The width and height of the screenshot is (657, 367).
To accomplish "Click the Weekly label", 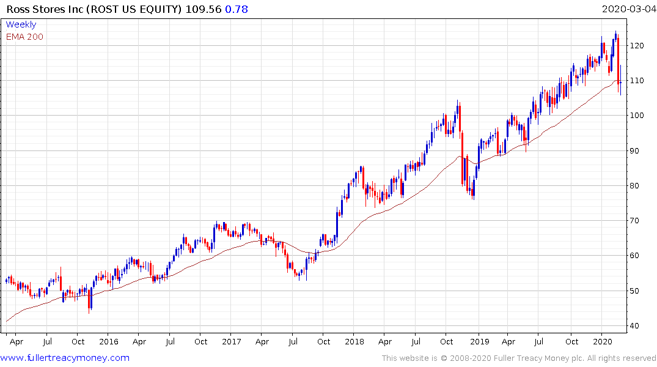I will pos(21,24).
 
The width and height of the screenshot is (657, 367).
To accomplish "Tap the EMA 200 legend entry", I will pos(24,37).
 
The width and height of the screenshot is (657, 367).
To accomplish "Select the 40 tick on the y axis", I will pos(637,326).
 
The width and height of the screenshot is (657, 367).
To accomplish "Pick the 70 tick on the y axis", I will pos(637,221).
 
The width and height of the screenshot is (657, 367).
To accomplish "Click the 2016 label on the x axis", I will pos(108,341).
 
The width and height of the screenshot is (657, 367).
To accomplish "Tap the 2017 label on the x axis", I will pos(231,341).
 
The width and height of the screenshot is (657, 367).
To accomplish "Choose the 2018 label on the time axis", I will pos(354,341).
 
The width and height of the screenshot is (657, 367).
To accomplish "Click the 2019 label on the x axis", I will pos(479,341).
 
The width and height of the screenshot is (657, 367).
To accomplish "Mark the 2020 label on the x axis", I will pos(603,341).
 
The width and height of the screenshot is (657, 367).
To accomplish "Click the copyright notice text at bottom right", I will pos(519,358).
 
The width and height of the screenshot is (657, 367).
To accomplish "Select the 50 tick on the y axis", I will pos(637,291).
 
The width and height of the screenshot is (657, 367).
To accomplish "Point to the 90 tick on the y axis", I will pos(637,151).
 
